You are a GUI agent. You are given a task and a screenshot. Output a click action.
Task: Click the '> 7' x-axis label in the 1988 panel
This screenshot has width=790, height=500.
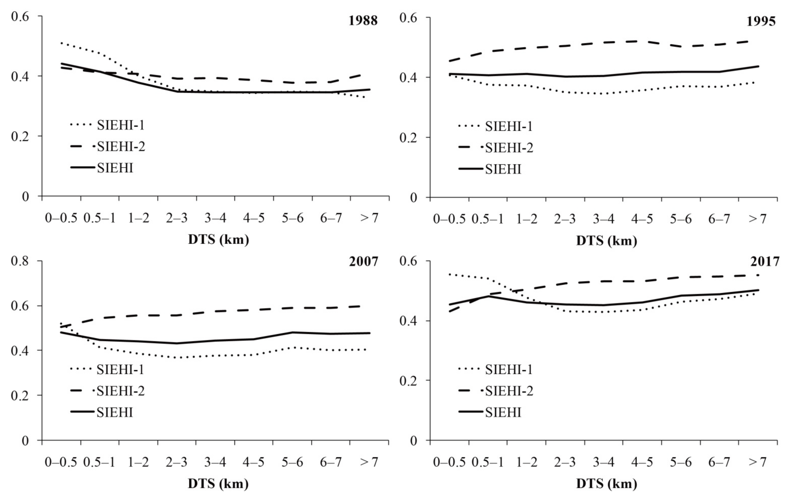point(369,218)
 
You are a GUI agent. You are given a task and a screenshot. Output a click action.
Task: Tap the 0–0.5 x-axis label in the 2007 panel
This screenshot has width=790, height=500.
point(61,462)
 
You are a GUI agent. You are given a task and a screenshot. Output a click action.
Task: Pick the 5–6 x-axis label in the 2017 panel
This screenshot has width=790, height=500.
point(680,462)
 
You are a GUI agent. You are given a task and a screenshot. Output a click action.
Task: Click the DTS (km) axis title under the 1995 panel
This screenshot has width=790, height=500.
point(607,241)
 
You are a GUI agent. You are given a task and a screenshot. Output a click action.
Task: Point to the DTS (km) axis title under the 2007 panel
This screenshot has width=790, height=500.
point(218,484)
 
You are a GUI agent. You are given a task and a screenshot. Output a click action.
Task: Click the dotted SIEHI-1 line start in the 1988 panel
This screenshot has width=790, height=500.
point(61,43)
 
